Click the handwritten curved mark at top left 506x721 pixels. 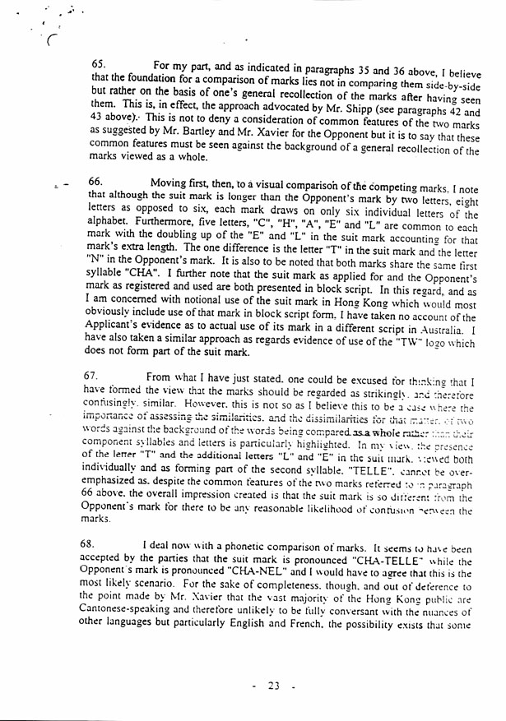coord(53,39)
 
